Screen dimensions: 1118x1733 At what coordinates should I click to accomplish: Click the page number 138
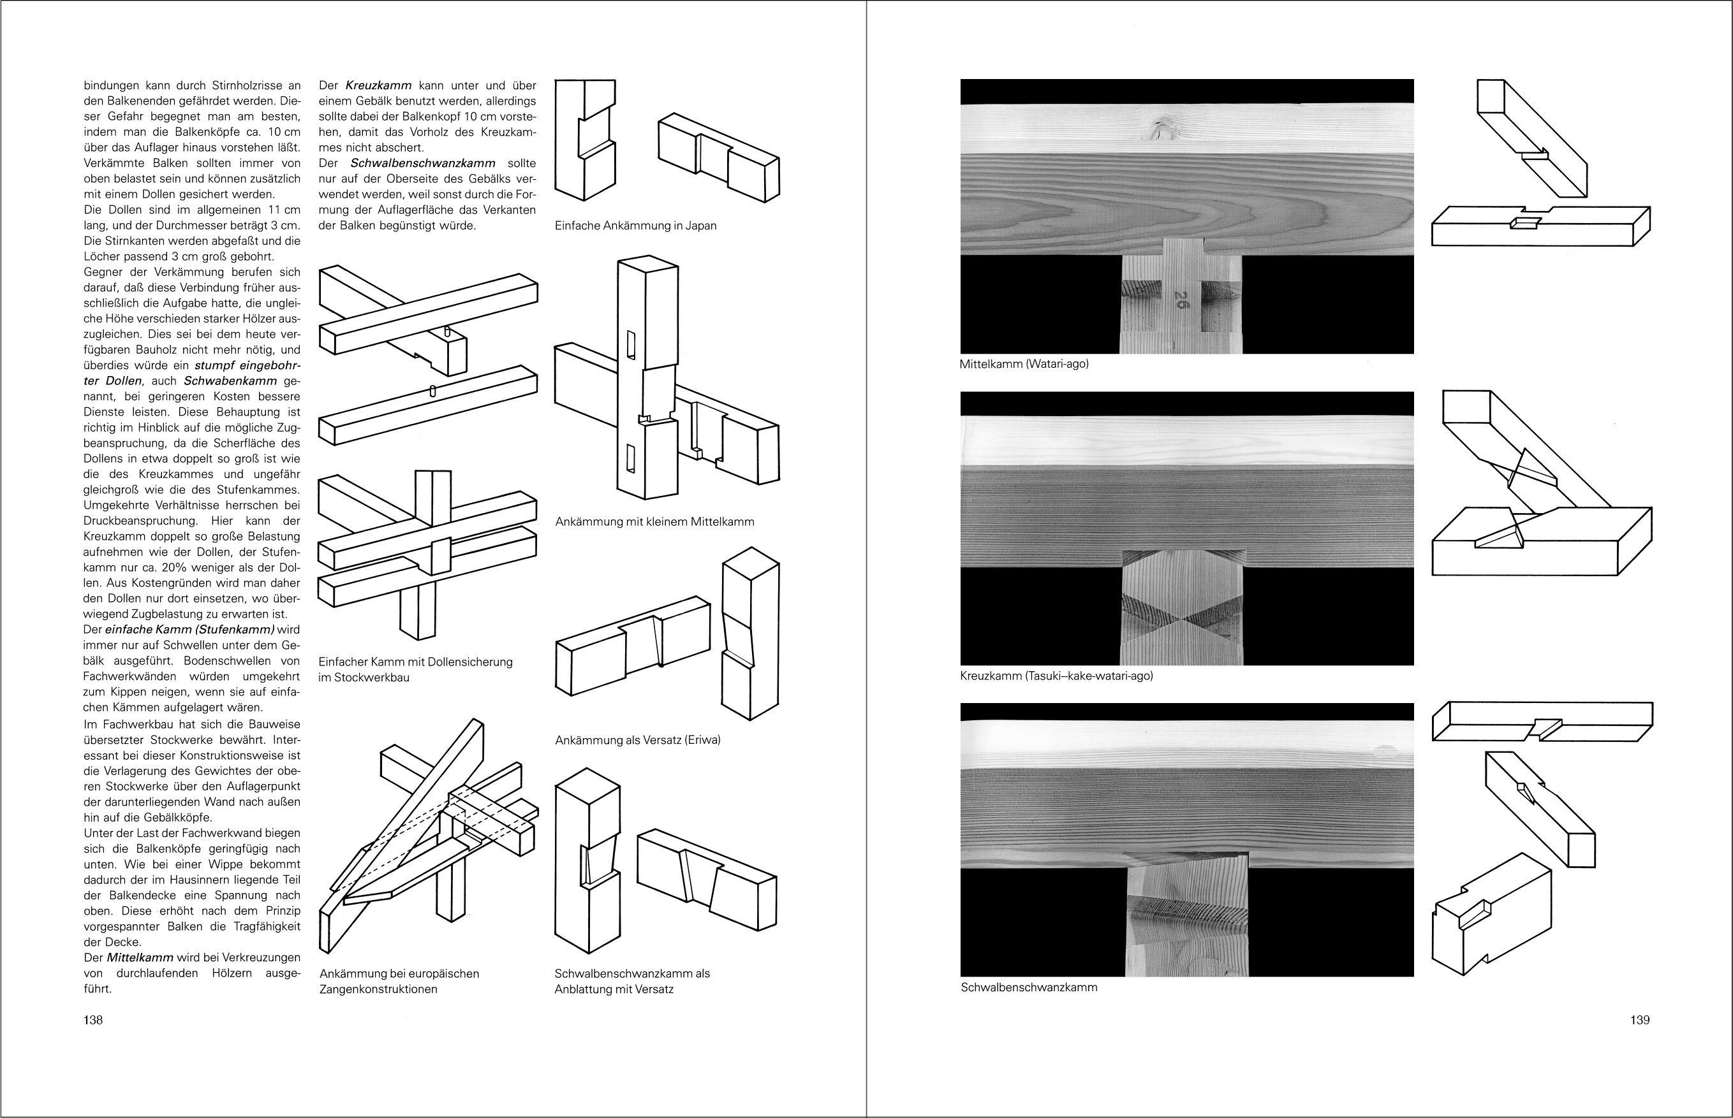(93, 1020)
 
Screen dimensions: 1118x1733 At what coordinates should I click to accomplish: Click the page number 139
(1640, 1020)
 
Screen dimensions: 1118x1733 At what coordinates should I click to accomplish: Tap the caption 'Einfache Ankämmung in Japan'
(635, 226)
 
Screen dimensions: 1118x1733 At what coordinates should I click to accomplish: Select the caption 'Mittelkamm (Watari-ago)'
(1024, 365)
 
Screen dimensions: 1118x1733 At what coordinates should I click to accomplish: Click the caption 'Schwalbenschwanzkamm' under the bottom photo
(1028, 987)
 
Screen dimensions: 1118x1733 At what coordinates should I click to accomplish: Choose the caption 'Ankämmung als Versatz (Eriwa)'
(637, 741)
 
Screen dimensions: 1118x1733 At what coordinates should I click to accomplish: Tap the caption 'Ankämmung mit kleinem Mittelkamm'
(654, 521)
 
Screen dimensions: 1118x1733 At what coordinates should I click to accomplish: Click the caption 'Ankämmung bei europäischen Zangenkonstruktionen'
(399, 981)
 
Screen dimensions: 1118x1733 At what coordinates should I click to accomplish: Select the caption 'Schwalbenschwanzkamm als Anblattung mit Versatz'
(632, 981)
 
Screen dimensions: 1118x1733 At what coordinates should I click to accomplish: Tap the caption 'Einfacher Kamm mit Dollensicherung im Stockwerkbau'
(415, 669)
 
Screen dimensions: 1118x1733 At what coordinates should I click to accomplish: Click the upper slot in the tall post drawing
(632, 345)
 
